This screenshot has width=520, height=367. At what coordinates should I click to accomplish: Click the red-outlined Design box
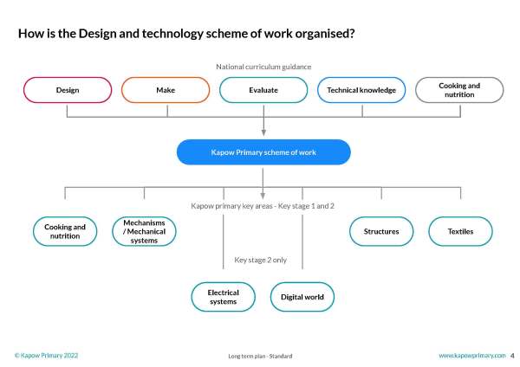[x=68, y=90]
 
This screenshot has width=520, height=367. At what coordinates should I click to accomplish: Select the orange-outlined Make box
[x=166, y=90]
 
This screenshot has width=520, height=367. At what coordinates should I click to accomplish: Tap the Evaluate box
[x=263, y=90]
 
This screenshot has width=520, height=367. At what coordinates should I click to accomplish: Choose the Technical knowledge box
[x=361, y=90]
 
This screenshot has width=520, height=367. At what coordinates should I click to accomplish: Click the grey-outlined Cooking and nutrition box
[x=459, y=90]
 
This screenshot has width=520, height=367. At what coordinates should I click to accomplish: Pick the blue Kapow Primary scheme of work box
[x=263, y=152]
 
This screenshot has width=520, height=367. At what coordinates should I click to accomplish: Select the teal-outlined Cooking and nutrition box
[x=65, y=231]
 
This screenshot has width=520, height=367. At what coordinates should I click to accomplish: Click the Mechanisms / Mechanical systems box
[x=145, y=231]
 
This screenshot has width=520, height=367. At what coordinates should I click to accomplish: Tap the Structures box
[x=381, y=231]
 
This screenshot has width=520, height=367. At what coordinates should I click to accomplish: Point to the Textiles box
[x=460, y=231]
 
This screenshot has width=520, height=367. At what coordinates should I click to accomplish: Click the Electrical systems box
[x=223, y=297]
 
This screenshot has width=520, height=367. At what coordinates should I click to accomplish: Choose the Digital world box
[x=302, y=297]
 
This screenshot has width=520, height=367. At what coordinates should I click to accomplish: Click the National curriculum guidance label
[x=263, y=67]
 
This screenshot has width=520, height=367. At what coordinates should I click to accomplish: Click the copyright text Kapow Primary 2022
[x=47, y=356]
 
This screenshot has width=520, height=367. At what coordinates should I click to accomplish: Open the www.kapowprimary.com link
[x=471, y=356]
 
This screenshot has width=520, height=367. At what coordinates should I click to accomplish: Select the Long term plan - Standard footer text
[x=259, y=356]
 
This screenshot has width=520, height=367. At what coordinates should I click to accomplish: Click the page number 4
[x=512, y=356]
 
